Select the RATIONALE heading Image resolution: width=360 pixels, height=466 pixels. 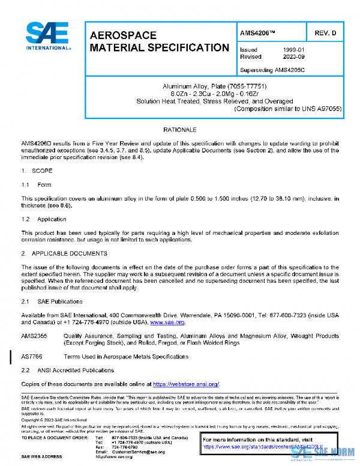pos(180,130)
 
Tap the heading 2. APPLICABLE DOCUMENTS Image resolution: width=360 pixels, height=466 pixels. pos(64,253)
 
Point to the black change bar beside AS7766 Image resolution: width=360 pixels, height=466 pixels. pos(11,359)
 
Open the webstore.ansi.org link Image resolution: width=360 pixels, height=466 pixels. pos(185,384)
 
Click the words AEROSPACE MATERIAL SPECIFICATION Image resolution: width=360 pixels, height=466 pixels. pos(158,41)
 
